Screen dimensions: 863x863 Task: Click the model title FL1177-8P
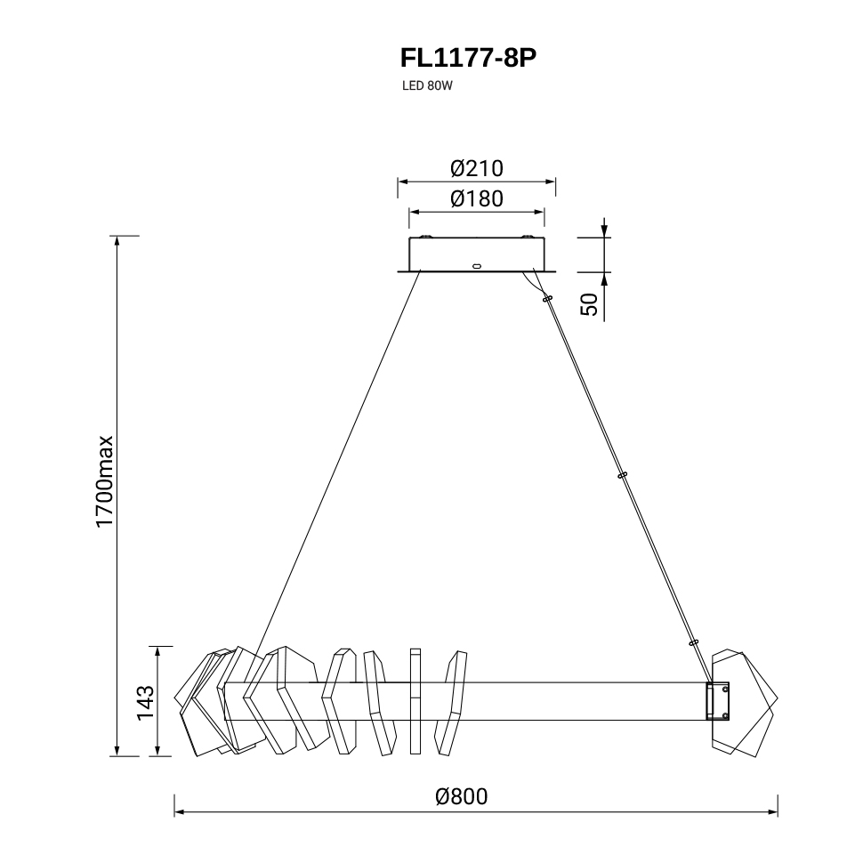pos(468,58)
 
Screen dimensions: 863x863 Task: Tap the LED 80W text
pos(427,86)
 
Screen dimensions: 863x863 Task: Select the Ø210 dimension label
pos(477,168)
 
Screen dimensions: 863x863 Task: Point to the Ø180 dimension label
pos(477,198)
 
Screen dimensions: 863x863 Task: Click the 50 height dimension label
pos(589,304)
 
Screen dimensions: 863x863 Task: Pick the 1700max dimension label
pos(105,482)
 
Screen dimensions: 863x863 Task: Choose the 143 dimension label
pos(145,703)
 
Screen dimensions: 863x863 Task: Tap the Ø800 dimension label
pos(461,796)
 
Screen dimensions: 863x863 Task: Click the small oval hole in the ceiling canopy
pos(477,266)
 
